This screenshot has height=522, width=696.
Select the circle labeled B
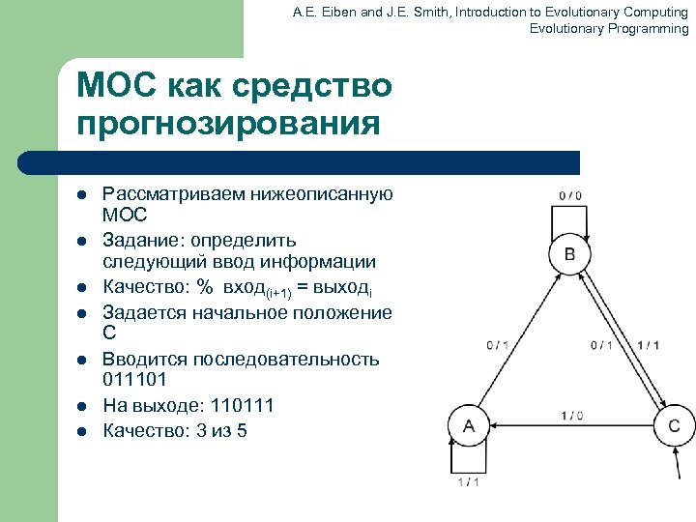click(569, 254)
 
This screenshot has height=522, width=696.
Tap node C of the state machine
click(674, 426)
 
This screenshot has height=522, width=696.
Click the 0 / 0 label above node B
click(570, 195)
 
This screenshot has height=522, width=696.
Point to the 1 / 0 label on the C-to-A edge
click(571, 415)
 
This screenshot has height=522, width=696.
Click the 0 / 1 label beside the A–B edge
click(499, 345)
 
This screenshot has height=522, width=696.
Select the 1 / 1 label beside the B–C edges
click(650, 345)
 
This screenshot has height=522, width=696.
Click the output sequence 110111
click(232, 406)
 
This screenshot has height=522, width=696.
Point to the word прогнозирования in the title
click(227, 125)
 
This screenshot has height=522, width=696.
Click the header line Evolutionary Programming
click(609, 29)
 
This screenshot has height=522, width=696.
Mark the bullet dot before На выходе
click(82, 407)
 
